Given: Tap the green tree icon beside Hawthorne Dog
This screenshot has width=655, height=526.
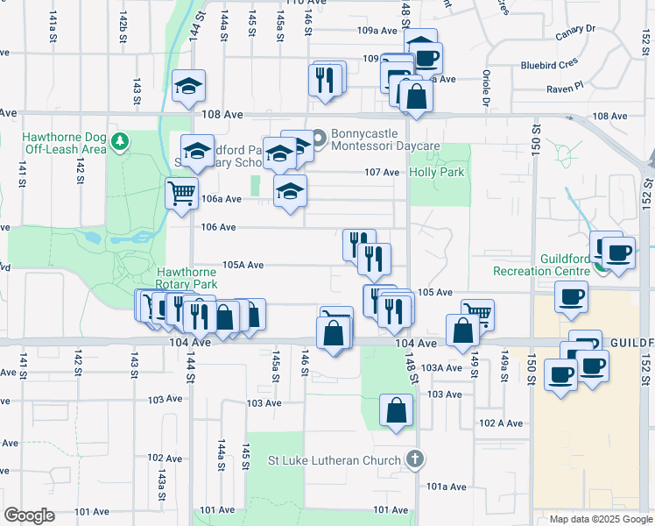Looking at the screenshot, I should pos(122,140).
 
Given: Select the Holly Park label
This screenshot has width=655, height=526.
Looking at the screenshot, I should pos(436,172).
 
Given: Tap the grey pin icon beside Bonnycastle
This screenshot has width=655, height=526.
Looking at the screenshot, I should pos(319,137).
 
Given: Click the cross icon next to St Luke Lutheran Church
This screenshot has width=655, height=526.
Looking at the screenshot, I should pos(415,459).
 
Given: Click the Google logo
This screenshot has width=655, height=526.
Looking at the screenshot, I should pos(30,515).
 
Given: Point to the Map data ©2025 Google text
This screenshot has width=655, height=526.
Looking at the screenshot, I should pos(600,519).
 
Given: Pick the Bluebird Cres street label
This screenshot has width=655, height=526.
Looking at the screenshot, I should pos(551,65).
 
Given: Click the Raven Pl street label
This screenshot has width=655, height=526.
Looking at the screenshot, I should pos(566,87).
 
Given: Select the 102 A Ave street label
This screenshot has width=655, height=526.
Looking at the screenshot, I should pos(501,423).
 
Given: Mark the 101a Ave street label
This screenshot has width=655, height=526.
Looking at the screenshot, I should pos(447,486).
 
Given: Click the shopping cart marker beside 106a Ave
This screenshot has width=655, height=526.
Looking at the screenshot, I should pos(181,193).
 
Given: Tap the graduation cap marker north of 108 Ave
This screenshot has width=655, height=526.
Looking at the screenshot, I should pos(188,86).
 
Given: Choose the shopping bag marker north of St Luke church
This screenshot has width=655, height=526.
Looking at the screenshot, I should pos(397,409).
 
